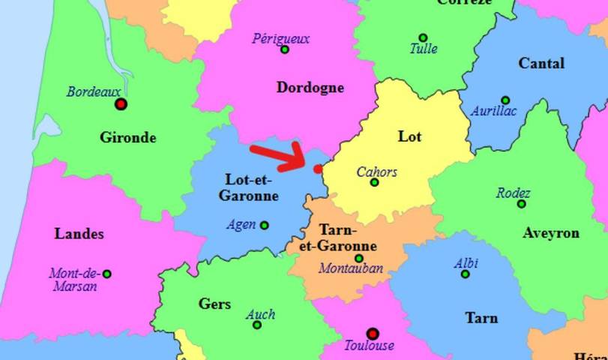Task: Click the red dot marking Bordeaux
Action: click(121, 104)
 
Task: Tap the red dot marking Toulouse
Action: click(372, 334)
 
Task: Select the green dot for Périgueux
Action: click(285, 49)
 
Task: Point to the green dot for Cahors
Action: click(375, 183)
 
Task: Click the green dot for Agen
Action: click(264, 225)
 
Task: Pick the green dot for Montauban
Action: click(359, 259)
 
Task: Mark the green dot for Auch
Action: click(257, 325)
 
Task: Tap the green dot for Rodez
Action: click(522, 204)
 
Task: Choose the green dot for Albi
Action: click(465, 274)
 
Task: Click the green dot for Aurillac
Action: click(505, 100)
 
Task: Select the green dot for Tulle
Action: click(423, 37)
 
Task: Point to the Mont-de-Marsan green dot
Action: click(106, 274)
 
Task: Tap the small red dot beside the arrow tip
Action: click(318, 169)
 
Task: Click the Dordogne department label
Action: click(310, 88)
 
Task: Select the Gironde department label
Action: click(127, 137)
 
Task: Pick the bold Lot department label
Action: click(409, 136)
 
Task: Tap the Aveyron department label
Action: click(551, 232)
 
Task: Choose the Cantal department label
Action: click(541, 64)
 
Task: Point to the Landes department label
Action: click(79, 234)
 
